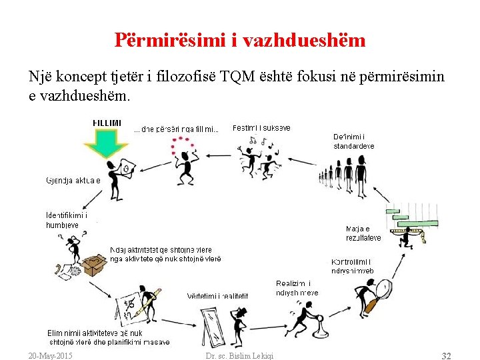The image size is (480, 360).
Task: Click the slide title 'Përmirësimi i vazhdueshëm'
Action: [x=240, y=41]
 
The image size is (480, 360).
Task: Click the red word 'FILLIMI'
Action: [x=107, y=123]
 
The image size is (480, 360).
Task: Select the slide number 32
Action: [x=446, y=355]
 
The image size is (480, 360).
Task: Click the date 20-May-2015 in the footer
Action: [x=51, y=355]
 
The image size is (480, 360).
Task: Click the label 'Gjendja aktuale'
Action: [x=73, y=180]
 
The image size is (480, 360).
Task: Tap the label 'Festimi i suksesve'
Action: [x=261, y=127]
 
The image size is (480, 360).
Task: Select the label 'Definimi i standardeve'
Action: [x=353, y=141]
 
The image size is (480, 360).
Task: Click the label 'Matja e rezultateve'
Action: [x=363, y=233]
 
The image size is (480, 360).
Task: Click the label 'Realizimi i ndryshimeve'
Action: [x=297, y=288]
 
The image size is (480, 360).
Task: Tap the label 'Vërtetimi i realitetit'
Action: [x=217, y=295]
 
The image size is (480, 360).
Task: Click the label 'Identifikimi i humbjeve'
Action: [x=66, y=220]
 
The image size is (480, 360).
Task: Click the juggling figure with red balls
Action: [x=182, y=160]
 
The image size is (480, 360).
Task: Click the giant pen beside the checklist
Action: [x=148, y=303]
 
